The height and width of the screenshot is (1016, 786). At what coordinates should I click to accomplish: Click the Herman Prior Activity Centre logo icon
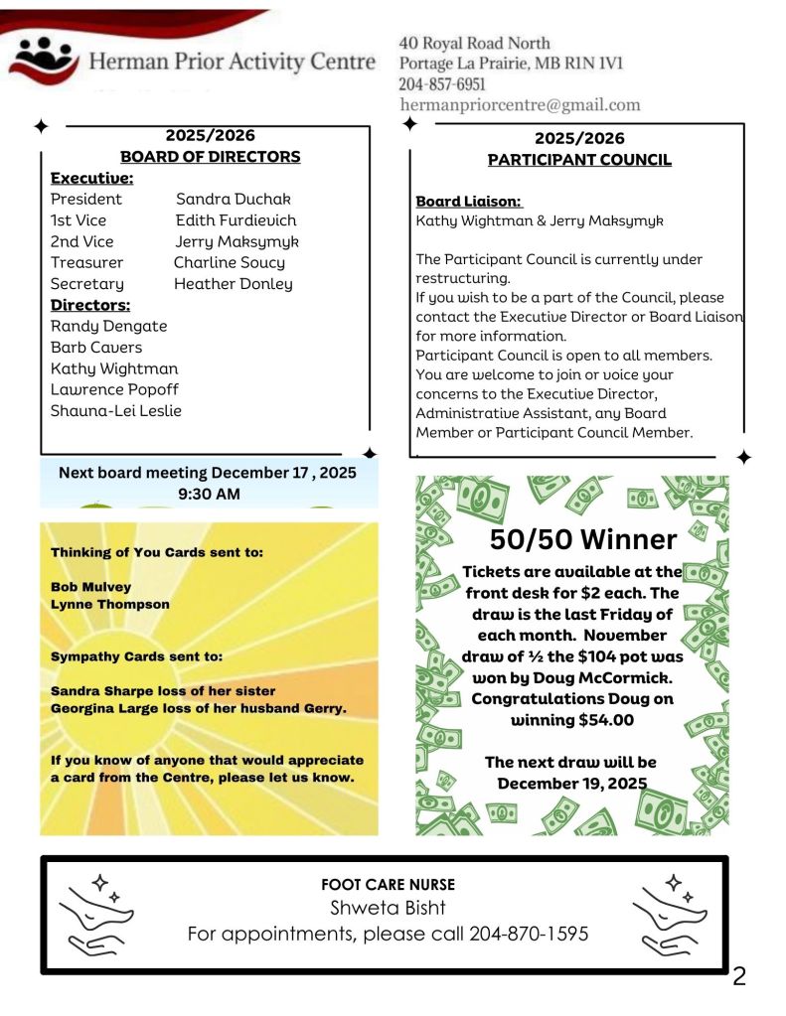43,60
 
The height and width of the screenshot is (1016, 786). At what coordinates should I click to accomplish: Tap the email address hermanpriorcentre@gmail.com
520,104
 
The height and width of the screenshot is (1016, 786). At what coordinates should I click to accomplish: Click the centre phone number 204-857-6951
442,84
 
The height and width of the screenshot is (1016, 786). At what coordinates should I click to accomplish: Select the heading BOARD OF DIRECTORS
210,156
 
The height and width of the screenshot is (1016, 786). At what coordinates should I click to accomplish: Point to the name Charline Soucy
230,262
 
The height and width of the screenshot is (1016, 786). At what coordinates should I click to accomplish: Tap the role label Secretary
87,284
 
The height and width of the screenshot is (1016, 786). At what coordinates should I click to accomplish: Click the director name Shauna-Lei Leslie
116,410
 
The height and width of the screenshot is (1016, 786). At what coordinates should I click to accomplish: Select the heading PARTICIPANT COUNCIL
579,159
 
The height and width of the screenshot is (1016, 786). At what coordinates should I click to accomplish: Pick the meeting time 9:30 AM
208,493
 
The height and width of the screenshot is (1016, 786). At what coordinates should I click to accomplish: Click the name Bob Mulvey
90,587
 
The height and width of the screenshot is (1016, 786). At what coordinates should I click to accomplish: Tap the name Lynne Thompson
110,604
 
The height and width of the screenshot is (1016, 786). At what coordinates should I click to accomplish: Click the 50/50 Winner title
583,539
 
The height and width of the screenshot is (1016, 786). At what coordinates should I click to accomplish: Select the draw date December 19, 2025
571,783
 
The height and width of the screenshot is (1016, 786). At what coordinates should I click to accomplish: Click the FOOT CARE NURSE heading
389,884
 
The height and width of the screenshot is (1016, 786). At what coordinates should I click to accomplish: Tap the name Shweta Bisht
388,909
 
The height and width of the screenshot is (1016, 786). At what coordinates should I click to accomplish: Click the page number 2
738,976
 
